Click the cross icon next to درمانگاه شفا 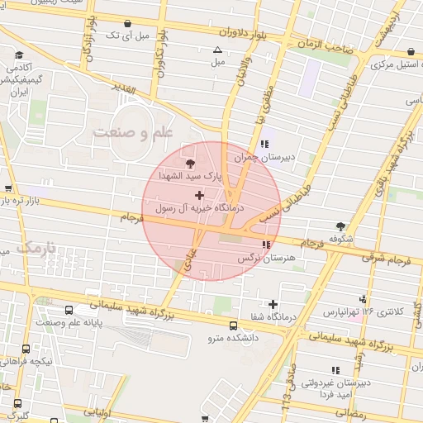point(273,304)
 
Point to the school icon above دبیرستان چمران point(264,143)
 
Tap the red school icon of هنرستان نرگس point(265,245)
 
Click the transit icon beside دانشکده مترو point(233,325)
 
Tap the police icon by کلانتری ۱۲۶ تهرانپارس point(364,299)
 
